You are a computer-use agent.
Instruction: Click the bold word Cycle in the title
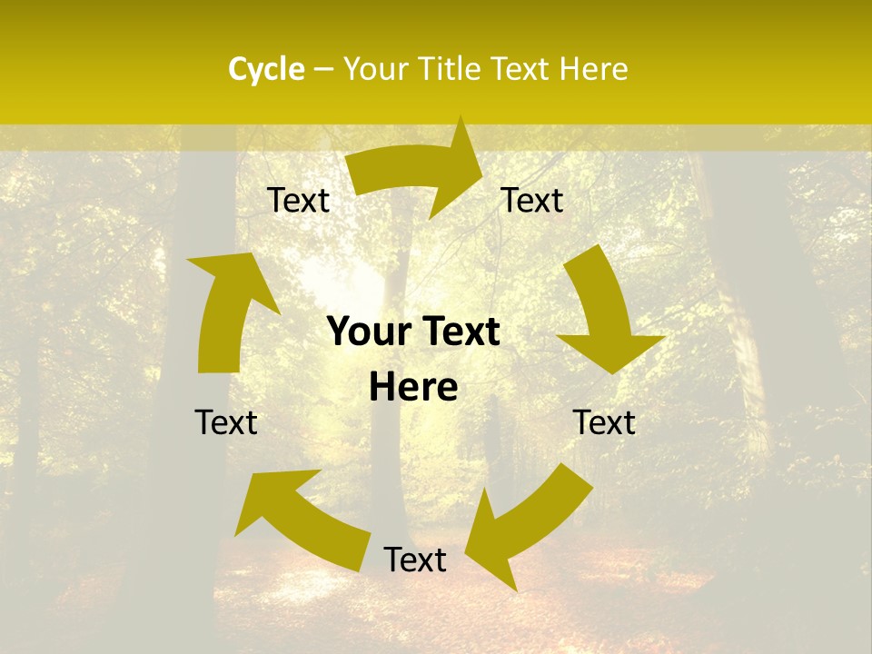(x=266, y=69)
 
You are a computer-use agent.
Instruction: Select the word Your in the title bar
(x=375, y=69)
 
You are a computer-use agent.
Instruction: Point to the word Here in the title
(x=593, y=69)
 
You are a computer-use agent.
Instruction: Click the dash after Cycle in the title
(x=323, y=70)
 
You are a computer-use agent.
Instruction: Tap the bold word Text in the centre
(x=460, y=332)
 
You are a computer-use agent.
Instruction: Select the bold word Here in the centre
(x=413, y=388)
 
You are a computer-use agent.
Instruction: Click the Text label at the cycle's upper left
(x=298, y=201)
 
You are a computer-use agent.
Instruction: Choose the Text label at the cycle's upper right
(x=532, y=201)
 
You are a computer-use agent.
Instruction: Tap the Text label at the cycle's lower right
(x=604, y=422)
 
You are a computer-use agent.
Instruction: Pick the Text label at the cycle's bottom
(x=415, y=560)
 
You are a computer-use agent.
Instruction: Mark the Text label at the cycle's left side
(x=226, y=422)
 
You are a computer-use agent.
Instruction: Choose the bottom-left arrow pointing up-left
(x=301, y=519)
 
